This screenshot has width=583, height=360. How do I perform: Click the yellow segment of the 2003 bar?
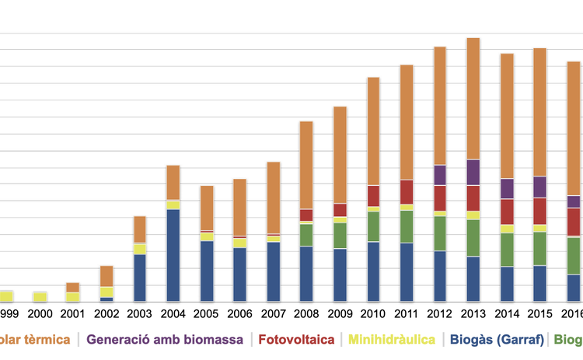point(140,249)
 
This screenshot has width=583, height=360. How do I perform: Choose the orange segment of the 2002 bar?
point(106,276)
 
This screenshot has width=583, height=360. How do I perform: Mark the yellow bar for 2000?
point(40,296)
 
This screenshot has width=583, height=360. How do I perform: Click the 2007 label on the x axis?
point(273,314)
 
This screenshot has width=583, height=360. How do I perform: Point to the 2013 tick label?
point(473,314)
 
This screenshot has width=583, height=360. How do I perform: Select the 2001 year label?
point(73,314)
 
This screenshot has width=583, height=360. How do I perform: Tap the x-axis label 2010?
point(373,314)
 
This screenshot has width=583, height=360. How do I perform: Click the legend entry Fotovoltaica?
point(296,340)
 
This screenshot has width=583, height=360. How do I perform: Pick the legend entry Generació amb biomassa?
point(165,340)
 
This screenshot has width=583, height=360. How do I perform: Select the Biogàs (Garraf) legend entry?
point(496,340)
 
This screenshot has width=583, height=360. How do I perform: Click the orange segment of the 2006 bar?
point(239,208)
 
